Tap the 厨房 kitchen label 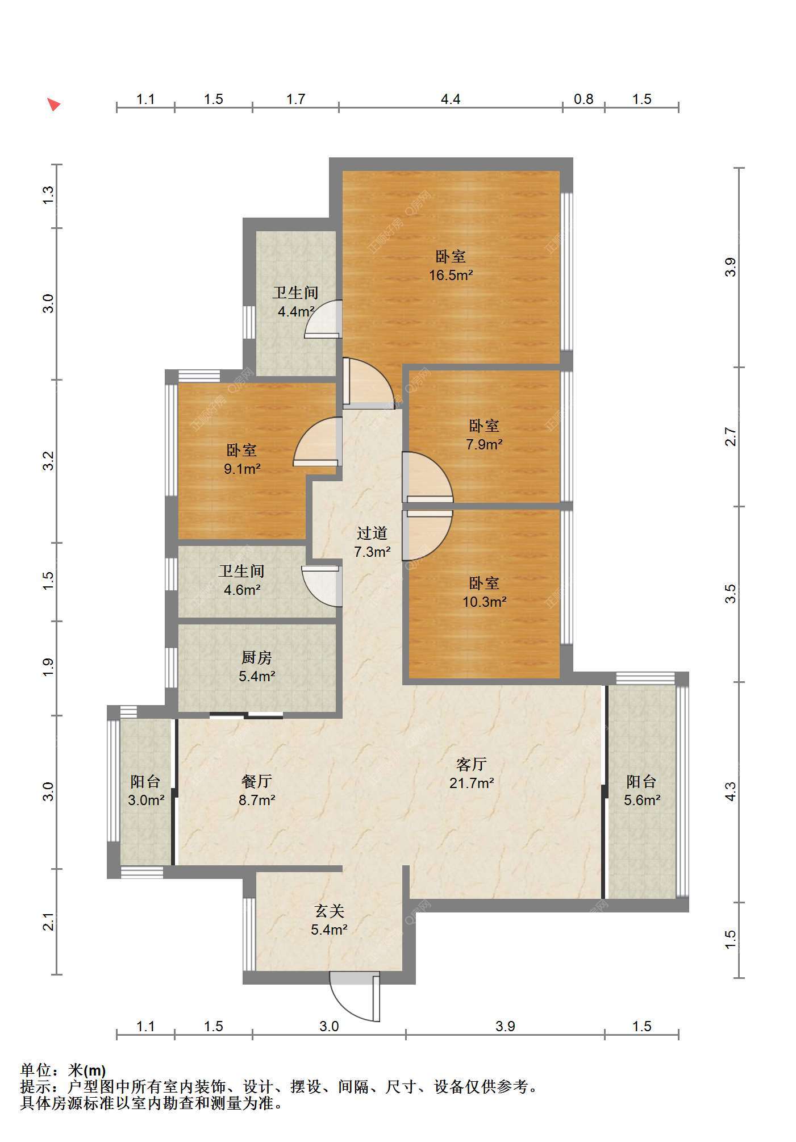257,658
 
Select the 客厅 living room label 472,764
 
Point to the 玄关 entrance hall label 330,911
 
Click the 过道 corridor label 372,533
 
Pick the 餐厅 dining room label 257,781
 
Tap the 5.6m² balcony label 642,801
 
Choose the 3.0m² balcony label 146,801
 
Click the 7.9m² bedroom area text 484,444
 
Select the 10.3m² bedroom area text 484,602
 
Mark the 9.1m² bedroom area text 242,469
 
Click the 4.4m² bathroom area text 295,312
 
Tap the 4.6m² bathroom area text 242,590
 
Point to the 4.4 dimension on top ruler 451,99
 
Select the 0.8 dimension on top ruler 584,99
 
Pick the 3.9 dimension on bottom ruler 505,1026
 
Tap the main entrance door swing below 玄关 355,999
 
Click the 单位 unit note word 36,1070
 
